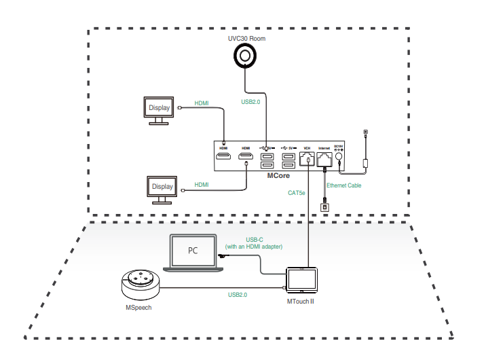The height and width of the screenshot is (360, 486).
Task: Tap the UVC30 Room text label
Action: coord(246,39)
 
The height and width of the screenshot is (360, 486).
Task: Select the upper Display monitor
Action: coord(160,108)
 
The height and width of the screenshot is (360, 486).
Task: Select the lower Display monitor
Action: coord(162,187)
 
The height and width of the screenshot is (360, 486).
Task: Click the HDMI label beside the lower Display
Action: coord(202,185)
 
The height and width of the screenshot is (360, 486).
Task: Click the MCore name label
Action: coord(279,175)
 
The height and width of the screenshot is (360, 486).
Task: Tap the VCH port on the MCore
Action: coord(307,159)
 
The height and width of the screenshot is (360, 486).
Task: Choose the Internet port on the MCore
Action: coord(323,159)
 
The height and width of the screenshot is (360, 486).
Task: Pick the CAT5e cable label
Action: coord(296,192)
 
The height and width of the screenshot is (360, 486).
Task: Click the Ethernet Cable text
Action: coord(343,185)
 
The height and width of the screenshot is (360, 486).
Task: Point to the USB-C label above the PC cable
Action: coord(253,238)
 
